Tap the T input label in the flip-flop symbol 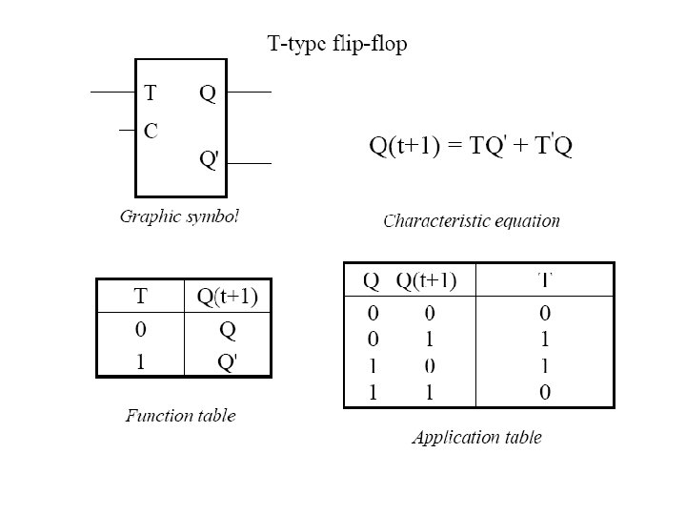[x=150, y=93]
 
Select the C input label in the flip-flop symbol [x=151, y=131]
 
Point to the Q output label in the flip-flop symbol [x=208, y=93]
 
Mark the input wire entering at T [x=112, y=93]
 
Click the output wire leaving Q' [x=251, y=163]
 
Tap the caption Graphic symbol [x=178, y=216]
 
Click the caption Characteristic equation [x=472, y=221]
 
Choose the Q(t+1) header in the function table [x=228, y=297]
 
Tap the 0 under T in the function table [x=139, y=331]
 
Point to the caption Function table [x=181, y=415]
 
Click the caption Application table [x=476, y=438]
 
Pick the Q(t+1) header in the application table [x=426, y=280]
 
